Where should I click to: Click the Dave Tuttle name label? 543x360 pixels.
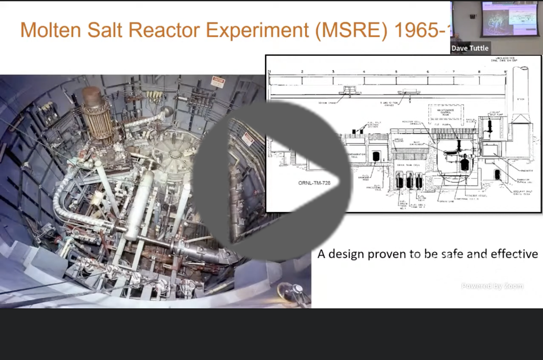470,48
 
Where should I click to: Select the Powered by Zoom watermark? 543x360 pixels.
492,286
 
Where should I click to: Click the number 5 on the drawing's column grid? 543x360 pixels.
396,71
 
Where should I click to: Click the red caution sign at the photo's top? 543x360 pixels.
217,82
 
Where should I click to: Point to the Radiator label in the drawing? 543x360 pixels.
527,170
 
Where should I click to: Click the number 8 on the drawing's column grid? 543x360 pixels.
479,71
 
